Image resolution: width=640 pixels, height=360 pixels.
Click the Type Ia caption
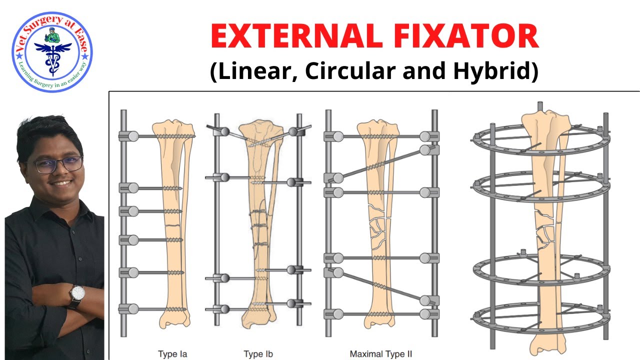coord(172,354)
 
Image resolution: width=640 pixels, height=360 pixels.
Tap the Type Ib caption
coord(257,354)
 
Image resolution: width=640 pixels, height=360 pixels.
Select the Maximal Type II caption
coord(380,354)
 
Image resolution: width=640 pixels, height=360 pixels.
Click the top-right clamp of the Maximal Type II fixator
coord(428,136)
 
